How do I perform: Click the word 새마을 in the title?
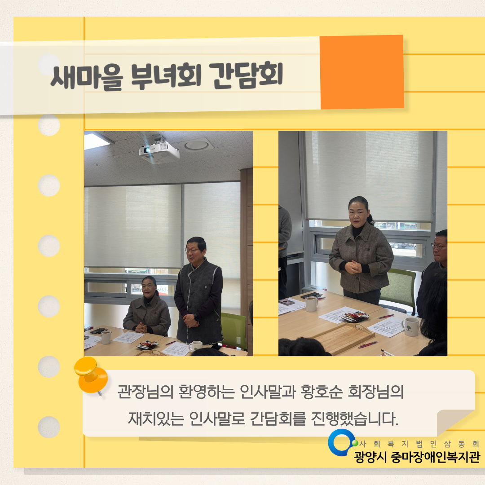click(86, 77)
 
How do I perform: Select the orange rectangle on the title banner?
click(361, 72)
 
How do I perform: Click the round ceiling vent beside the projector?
click(197, 145)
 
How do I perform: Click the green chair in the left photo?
click(234, 330)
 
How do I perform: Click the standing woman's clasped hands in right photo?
click(353, 267)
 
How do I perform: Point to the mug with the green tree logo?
click(410, 326)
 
